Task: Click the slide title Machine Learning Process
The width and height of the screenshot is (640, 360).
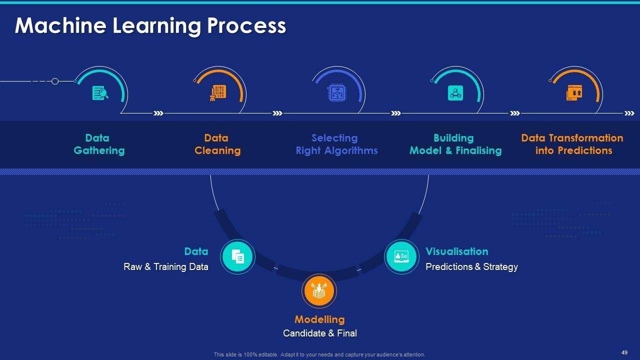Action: [150, 26]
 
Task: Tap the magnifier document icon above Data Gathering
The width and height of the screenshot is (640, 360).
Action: [100, 93]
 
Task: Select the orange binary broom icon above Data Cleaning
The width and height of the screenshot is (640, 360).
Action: [218, 93]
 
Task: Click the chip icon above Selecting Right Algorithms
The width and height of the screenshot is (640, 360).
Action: [336, 92]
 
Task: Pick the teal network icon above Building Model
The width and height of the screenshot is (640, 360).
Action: [455, 93]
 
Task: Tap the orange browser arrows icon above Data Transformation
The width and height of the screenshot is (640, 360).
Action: [574, 92]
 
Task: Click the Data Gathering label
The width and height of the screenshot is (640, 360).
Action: [99, 144]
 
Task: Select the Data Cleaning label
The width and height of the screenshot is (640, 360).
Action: [217, 144]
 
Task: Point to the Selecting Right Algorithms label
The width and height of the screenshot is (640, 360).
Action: [336, 144]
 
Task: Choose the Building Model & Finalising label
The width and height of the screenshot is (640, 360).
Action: [455, 144]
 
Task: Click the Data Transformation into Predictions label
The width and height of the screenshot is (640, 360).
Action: [572, 144]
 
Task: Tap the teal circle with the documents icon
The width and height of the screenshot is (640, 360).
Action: [237, 257]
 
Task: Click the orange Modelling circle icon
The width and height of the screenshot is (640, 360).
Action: [319, 291]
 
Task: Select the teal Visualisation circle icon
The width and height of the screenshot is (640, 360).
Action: [401, 257]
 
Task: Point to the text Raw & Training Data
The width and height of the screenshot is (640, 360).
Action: [166, 267]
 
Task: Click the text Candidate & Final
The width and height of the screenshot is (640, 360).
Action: [320, 333]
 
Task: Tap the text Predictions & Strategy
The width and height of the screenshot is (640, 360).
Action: [471, 267]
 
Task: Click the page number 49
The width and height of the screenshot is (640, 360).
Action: [624, 352]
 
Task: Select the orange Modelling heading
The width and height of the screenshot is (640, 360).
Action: [319, 319]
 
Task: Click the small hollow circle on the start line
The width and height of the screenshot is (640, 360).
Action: [55, 81]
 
